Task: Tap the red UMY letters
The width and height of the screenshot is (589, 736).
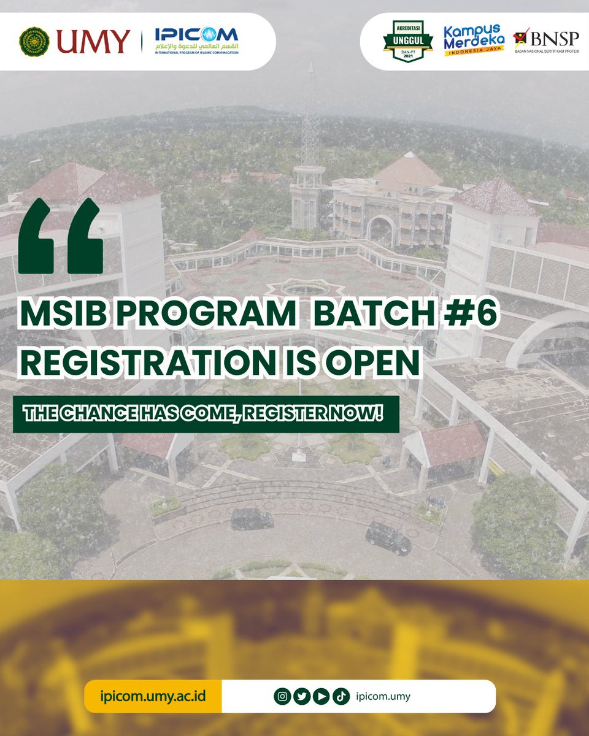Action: click(x=93, y=42)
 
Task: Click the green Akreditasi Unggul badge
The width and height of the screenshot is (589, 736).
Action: click(x=407, y=40)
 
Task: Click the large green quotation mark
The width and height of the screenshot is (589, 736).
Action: click(x=61, y=236)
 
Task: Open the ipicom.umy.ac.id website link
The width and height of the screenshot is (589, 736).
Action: click(x=153, y=696)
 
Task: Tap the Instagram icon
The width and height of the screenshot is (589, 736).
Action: click(x=283, y=696)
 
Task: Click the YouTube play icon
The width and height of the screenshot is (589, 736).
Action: click(x=321, y=696)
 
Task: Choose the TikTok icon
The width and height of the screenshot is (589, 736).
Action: click(x=341, y=696)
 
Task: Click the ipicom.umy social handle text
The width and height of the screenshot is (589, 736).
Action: click(x=382, y=696)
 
